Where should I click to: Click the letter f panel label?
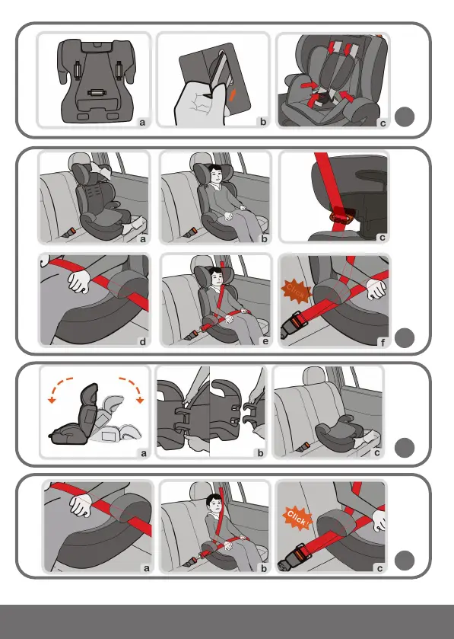point(383,342)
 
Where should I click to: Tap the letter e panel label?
point(265,341)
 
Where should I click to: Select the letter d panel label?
point(142,341)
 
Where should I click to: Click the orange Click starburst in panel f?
point(296,291)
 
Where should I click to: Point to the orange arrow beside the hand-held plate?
point(233,95)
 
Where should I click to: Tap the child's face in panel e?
point(217,278)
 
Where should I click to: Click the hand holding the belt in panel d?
point(79,280)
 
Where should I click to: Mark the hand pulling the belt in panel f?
point(376,289)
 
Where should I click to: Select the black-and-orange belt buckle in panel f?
point(293,324)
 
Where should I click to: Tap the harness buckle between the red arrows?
point(324,98)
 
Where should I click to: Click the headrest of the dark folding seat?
point(89,396)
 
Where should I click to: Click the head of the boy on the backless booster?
point(214,503)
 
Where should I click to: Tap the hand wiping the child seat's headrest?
point(100,169)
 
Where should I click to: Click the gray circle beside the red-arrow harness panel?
point(405,117)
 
